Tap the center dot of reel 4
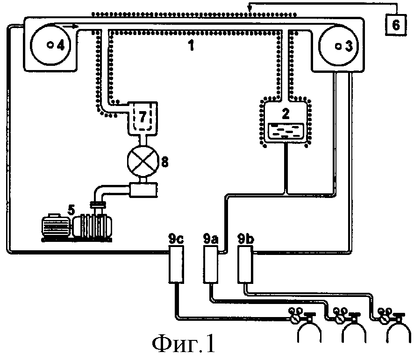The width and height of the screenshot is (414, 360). click(x=50, y=45)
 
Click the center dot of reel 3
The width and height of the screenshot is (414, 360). click(x=338, y=46)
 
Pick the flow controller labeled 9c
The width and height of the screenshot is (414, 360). click(x=176, y=264)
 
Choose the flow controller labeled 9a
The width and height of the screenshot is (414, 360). click(x=211, y=264)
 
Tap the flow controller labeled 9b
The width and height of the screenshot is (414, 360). click(x=245, y=264)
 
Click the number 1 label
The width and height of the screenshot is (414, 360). click(x=191, y=45)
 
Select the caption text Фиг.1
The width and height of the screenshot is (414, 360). click(x=184, y=344)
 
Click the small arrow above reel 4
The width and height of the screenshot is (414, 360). click(x=71, y=26)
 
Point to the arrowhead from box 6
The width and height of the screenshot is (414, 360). click(x=249, y=9)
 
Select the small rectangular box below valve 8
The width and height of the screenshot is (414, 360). click(x=143, y=190)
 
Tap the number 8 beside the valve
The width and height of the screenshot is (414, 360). click(x=165, y=162)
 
